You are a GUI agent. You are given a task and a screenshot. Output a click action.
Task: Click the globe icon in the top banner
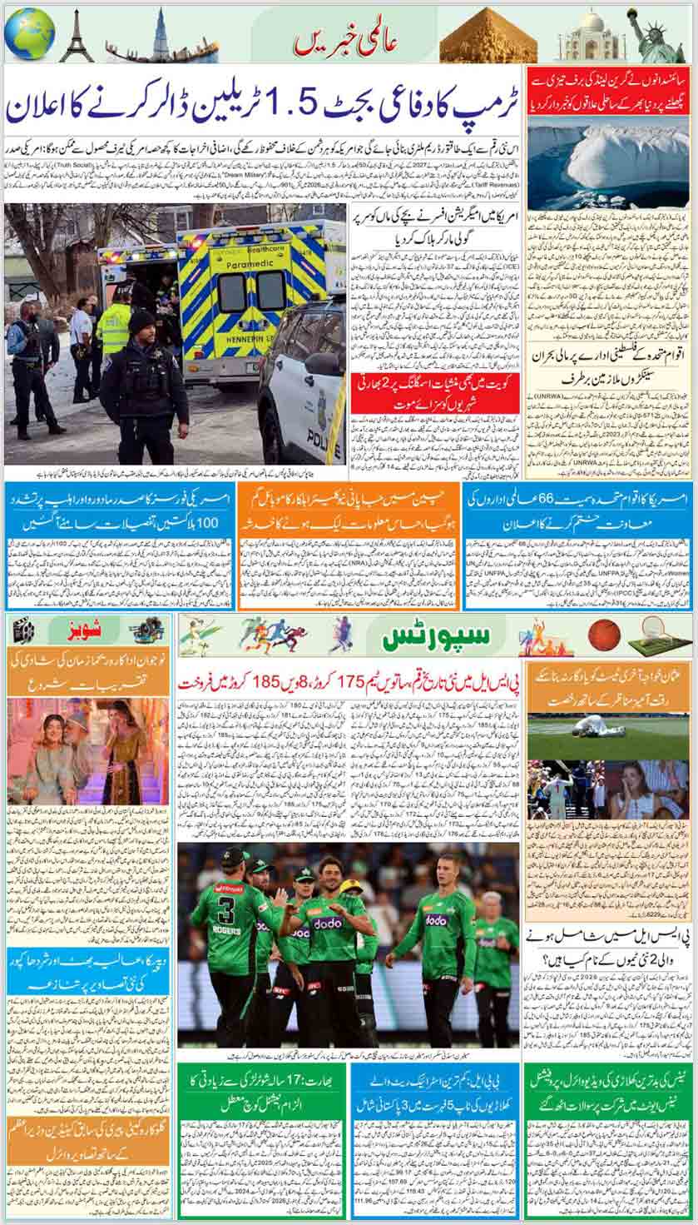[29, 34]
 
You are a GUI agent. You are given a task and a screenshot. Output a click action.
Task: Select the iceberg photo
[608, 162]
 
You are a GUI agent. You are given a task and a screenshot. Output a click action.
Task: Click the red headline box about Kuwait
[434, 393]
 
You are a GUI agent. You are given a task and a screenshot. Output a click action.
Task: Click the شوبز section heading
[87, 629]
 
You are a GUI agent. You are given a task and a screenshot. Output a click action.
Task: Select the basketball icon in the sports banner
[604, 635]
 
